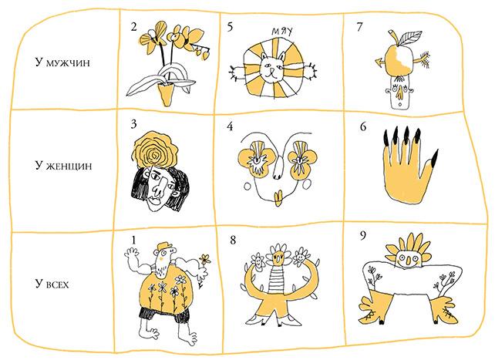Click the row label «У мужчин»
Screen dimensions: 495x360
(x=62, y=62)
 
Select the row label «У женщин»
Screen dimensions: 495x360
(x=63, y=166)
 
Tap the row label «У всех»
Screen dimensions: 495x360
(x=52, y=284)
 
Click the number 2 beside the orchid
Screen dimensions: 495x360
(x=134, y=27)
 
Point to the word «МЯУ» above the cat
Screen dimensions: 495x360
(x=282, y=32)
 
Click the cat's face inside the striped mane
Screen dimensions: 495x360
(x=272, y=68)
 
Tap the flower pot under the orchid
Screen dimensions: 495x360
(x=166, y=94)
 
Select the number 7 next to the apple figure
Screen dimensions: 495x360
(x=359, y=27)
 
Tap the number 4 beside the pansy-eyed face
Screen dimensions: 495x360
(x=230, y=126)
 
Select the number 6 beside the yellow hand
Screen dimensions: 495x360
(x=363, y=126)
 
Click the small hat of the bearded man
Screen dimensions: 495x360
(x=165, y=245)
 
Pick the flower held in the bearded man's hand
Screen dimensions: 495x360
(x=205, y=259)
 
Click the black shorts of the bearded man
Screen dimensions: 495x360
(x=163, y=313)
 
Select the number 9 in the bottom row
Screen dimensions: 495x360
(x=363, y=235)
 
